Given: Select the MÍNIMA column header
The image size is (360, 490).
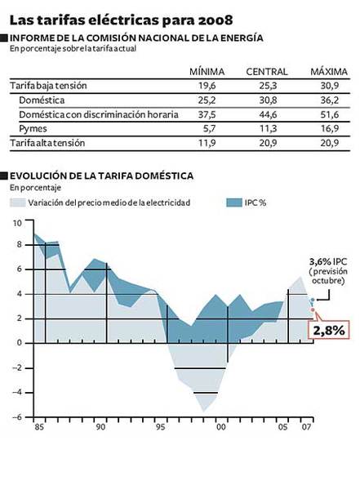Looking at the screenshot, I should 207,72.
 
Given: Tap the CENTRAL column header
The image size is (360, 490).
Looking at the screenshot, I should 266,72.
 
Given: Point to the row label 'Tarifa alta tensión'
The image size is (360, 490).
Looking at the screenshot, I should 48,143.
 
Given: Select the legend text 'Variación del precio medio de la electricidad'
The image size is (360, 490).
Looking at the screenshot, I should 109,202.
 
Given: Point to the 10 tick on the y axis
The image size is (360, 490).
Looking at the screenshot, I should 16,222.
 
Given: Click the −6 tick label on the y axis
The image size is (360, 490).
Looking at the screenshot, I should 16,417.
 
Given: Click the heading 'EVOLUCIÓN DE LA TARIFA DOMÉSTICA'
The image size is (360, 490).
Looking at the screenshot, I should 101,175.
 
